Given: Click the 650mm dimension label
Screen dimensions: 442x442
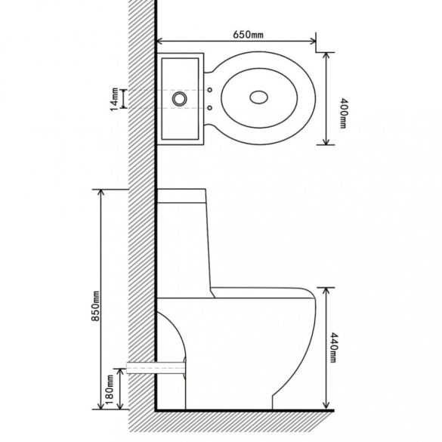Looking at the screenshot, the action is pyautogui.click(x=248, y=35).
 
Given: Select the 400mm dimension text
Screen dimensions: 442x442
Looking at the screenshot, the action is pyautogui.click(x=343, y=113).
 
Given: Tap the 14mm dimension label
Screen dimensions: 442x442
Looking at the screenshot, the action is pyautogui.click(x=114, y=99).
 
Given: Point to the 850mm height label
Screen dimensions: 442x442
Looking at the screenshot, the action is pyautogui.click(x=95, y=306).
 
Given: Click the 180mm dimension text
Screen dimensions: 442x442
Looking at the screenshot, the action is pyautogui.click(x=110, y=390).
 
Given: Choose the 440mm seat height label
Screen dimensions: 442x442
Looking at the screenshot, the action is pyautogui.click(x=333, y=348).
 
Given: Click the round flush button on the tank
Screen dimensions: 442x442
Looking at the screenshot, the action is pyautogui.click(x=179, y=99).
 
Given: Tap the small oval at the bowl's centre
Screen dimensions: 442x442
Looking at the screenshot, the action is pyautogui.click(x=258, y=97).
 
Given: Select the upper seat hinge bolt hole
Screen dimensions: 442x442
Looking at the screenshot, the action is pyautogui.click(x=210, y=90).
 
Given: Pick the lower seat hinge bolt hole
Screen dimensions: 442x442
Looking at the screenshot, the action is pyautogui.click(x=210, y=108).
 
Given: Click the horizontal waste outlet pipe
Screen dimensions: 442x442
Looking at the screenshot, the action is pyautogui.click(x=156, y=368).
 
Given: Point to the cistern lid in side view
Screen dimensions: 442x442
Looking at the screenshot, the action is pyautogui.click(x=181, y=196).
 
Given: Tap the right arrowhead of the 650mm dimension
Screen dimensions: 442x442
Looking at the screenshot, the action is pyautogui.click(x=313, y=42).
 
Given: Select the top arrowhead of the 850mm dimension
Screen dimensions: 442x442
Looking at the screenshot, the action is pyautogui.click(x=100, y=193).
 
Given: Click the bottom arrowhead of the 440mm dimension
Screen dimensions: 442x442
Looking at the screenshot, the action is pyautogui.click(x=326, y=406).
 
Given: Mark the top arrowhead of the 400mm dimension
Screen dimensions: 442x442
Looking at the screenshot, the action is pyautogui.click(x=326, y=56).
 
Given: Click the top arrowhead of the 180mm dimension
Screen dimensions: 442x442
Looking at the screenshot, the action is pyautogui.click(x=120, y=372).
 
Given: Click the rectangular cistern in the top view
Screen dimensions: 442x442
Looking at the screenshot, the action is pyautogui.click(x=181, y=99).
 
